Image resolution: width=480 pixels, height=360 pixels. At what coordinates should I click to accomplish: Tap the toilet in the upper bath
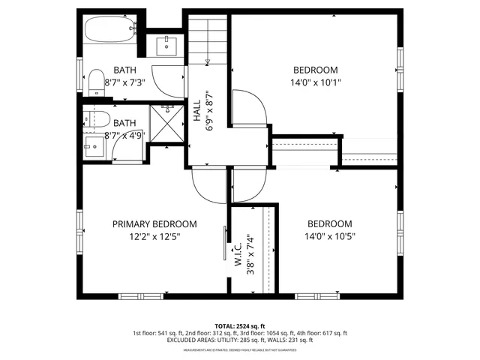95,82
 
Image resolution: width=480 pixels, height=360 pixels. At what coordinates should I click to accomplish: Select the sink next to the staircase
166,46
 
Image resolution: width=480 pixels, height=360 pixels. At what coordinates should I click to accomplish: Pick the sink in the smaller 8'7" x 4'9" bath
94,143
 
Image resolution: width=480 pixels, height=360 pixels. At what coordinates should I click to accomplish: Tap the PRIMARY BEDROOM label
154,224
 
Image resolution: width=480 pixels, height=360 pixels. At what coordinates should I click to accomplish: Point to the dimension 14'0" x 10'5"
329,236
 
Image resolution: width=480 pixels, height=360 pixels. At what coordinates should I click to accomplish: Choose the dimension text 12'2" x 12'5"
154,236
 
